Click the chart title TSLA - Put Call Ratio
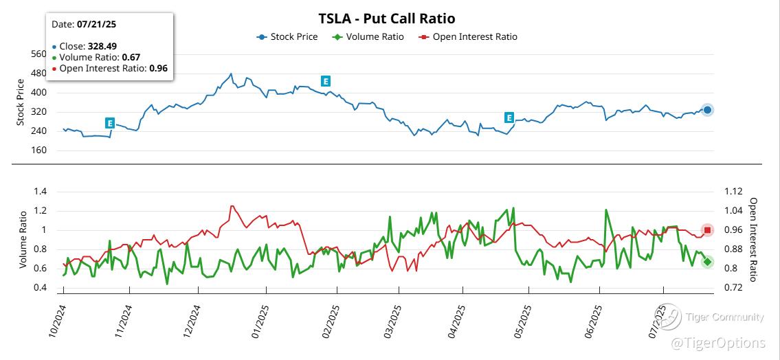tap(387, 19)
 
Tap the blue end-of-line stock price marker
tap(708, 110)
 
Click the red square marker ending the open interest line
tap(708, 230)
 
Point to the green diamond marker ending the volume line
tap(708, 262)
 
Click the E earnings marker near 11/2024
tap(110, 123)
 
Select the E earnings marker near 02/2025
tap(326, 81)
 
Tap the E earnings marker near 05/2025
tap(509, 117)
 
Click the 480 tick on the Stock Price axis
tap(40, 73)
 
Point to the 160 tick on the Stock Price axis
tap(40, 150)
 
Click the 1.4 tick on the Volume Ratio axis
tap(40, 192)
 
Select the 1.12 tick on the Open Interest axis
tap(734, 192)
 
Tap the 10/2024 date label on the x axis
tap(57, 322)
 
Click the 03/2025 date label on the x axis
tap(392, 322)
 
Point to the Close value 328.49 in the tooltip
tap(102, 46)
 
